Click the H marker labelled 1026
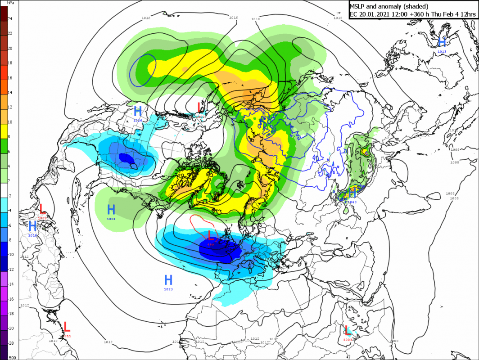(138, 111)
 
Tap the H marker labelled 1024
(111, 209)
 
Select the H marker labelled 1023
(168, 279)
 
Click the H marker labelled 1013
(442, 42)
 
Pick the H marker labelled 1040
(352, 193)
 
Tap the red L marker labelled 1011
(67, 326)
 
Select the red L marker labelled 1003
(348, 330)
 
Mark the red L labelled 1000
(199, 107)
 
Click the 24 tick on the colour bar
(9, 19)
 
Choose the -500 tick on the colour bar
(12, 357)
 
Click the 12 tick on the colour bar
(9, 107)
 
